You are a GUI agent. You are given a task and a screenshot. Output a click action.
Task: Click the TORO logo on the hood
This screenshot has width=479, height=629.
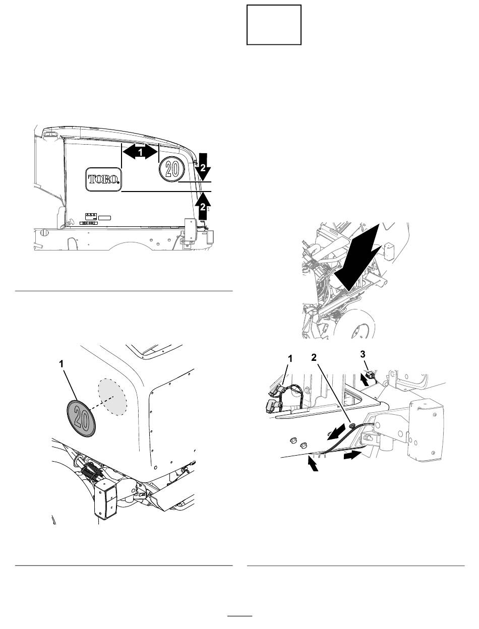[x=103, y=179]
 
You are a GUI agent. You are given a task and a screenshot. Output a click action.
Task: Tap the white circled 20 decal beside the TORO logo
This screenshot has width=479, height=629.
[x=172, y=168]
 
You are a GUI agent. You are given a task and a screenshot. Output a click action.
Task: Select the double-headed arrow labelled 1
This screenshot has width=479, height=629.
[x=140, y=152]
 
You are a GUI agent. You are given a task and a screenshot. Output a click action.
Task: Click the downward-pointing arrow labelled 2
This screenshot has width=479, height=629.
[x=203, y=167]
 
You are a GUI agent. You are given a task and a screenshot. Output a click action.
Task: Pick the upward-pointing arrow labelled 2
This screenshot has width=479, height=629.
[x=203, y=206]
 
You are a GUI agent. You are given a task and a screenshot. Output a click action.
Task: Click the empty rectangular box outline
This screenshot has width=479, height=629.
[x=274, y=25]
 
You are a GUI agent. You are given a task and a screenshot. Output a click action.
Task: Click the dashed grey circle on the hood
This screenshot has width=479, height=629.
[x=112, y=397]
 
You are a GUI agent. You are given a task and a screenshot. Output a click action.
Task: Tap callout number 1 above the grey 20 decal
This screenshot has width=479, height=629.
[x=61, y=364]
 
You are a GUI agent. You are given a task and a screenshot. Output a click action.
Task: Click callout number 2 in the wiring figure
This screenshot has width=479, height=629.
[x=314, y=357]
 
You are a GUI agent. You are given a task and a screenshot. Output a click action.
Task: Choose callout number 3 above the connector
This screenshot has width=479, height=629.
[x=363, y=354]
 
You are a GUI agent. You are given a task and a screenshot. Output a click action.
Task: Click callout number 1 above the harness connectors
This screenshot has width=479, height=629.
[x=290, y=358]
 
